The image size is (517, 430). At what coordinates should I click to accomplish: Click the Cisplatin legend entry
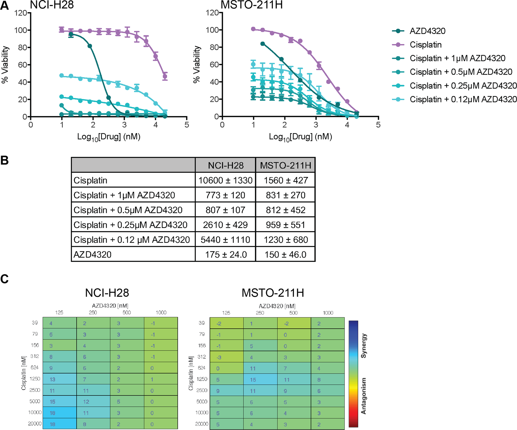(425, 45)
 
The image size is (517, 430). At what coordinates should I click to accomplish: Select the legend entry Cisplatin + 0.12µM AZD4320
(463, 99)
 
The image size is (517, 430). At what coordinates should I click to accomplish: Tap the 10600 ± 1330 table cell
(225, 180)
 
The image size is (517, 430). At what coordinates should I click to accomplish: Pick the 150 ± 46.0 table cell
(285, 254)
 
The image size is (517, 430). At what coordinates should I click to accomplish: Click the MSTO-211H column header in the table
(285, 165)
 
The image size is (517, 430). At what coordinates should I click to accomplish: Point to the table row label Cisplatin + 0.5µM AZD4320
(128, 210)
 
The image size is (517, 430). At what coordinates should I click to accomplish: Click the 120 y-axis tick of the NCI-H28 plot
(20, 13)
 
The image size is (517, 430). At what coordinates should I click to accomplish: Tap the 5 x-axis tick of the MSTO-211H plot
(378, 125)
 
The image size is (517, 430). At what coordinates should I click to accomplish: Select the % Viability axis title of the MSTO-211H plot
(196, 64)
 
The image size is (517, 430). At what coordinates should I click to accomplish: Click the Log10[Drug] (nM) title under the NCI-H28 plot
(109, 137)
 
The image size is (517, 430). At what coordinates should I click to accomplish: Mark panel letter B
(4, 160)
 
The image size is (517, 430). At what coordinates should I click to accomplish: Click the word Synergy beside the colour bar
(364, 346)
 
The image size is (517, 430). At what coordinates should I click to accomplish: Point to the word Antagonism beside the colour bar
(364, 396)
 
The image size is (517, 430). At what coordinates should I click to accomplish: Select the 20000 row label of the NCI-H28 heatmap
(35, 423)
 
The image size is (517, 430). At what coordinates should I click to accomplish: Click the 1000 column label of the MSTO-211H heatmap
(328, 313)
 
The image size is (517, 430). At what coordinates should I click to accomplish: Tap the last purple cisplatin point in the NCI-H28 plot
(165, 77)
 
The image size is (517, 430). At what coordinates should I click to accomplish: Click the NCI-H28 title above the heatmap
(107, 293)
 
